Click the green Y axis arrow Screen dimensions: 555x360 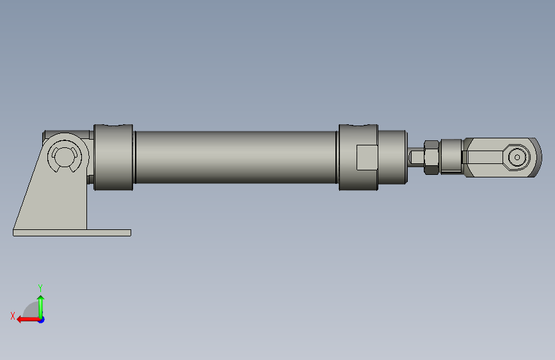pyautogui.click(x=41, y=307)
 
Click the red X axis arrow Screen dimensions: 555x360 pyautogui.click(x=28, y=320)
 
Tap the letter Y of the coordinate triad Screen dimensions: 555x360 pyautogui.click(x=40, y=288)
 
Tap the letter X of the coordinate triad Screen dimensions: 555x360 pyautogui.click(x=13, y=316)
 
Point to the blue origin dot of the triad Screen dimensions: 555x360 pyautogui.click(x=42, y=320)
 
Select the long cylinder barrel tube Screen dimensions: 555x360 pyautogui.click(x=236, y=158)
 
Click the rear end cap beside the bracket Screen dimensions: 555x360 pyautogui.click(x=113, y=158)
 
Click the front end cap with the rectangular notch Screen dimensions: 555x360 pyautogui.click(x=358, y=158)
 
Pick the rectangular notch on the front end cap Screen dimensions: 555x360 pyautogui.click(x=367, y=158)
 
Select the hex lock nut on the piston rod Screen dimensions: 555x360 pyautogui.click(x=431, y=158)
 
